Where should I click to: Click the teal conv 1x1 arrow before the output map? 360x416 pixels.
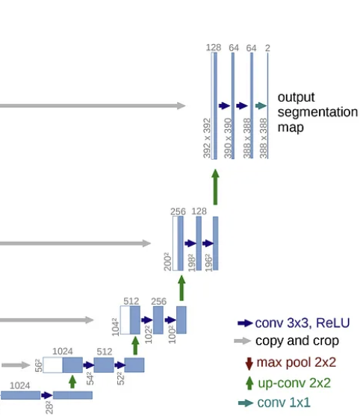click(x=261, y=106)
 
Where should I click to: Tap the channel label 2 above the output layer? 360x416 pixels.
click(x=267, y=48)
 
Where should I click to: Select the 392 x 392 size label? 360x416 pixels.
click(x=207, y=138)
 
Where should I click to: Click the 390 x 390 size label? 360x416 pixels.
click(x=228, y=138)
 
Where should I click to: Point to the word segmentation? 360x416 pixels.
click(x=317, y=112)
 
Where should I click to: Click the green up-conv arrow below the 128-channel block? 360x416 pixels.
click(x=215, y=187)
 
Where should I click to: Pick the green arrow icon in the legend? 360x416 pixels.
click(x=249, y=383)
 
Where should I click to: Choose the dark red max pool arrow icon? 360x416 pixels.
click(x=249, y=364)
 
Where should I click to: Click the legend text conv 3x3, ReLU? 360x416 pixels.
click(x=302, y=323)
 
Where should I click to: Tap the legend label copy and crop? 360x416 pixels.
click(x=297, y=341)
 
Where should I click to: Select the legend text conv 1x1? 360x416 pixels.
click(x=284, y=403)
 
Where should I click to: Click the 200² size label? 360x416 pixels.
click(x=167, y=261)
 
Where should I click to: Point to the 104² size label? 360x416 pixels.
click(x=116, y=327)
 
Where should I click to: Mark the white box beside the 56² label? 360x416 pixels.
click(x=53, y=364)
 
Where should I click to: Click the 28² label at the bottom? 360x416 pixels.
click(x=49, y=408)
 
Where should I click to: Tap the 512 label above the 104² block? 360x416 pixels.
click(x=131, y=301)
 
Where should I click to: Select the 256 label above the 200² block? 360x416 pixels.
click(x=178, y=211)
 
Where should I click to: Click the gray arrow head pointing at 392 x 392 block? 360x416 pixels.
click(x=181, y=106)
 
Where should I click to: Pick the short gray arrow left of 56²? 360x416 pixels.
click(x=16, y=365)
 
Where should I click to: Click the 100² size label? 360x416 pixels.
click(x=172, y=335)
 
